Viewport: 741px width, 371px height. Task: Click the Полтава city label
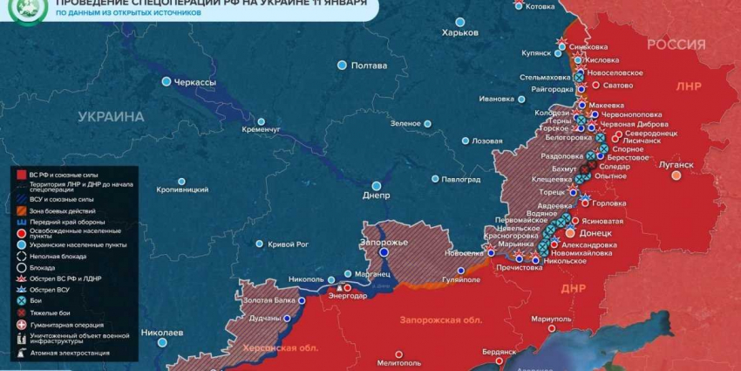(369, 65)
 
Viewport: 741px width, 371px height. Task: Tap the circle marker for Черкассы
(166, 82)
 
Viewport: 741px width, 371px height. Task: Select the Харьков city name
(460, 32)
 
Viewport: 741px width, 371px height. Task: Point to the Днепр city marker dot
(377, 185)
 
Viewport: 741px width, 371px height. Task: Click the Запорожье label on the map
(384, 241)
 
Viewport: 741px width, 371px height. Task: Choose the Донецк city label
(596, 234)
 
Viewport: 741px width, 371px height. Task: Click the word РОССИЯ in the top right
(676, 45)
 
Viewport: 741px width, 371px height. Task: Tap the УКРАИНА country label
(110, 116)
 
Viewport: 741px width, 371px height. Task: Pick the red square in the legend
(21, 175)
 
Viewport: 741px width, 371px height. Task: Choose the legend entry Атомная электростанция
(70, 353)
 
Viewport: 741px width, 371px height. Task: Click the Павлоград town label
(461, 179)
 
